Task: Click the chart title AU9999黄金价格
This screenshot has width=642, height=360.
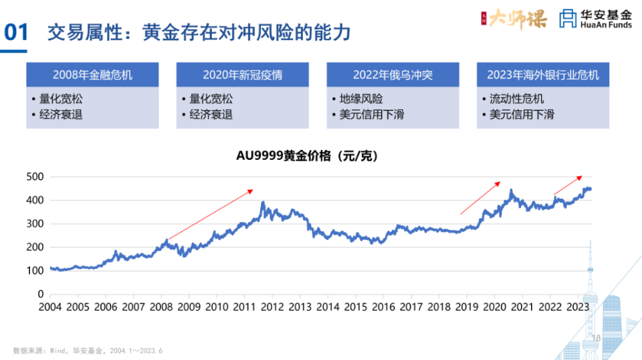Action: [x=308, y=157]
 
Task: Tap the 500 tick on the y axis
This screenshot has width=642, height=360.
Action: [x=36, y=177]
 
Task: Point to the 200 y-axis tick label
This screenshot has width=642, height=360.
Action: [x=36, y=247]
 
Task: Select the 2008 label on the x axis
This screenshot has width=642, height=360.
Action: [x=161, y=307]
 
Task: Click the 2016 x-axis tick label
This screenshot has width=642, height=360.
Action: [x=383, y=307]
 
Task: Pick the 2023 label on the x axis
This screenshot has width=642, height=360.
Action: [x=578, y=307]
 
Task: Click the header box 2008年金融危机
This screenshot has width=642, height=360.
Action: [x=92, y=75]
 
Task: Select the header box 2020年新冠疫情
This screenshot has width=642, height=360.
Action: [x=243, y=75]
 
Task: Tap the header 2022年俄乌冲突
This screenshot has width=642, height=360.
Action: [x=393, y=75]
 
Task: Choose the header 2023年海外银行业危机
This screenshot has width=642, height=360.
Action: [x=543, y=75]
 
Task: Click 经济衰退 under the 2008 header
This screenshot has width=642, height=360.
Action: [x=60, y=114]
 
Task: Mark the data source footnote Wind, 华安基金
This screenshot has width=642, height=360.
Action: [x=88, y=351]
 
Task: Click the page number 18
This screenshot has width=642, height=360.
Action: [x=597, y=339]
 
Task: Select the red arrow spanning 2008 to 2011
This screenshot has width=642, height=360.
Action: [x=210, y=215]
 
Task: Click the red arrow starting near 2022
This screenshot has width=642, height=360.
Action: [x=568, y=185]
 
